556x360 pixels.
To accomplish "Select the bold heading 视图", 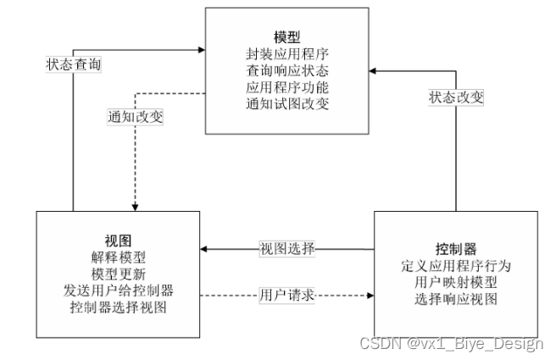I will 119,241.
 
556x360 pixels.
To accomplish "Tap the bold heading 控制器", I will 457,249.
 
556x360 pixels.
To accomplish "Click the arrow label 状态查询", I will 74,64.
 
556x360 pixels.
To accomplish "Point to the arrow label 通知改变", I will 135,117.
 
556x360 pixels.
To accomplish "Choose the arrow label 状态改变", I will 456,97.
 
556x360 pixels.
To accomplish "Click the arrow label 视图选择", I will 287,249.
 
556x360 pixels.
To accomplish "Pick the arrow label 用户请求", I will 287,296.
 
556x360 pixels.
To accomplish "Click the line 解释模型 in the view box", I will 119,257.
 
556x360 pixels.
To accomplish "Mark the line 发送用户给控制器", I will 119,290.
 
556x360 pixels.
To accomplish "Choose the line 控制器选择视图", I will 119,307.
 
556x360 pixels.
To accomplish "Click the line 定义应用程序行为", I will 457,266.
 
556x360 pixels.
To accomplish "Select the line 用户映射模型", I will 457,283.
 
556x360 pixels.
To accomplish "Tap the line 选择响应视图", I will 457,300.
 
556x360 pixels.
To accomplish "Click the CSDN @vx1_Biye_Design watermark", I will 452,343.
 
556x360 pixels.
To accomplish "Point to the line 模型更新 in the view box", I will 119,274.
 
